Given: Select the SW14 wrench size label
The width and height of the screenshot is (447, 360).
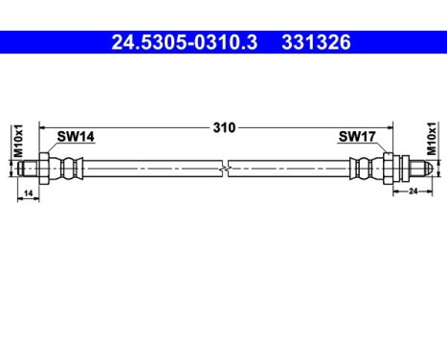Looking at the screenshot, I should (x=75, y=137).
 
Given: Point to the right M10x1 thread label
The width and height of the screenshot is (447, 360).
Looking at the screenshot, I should (x=430, y=140).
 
